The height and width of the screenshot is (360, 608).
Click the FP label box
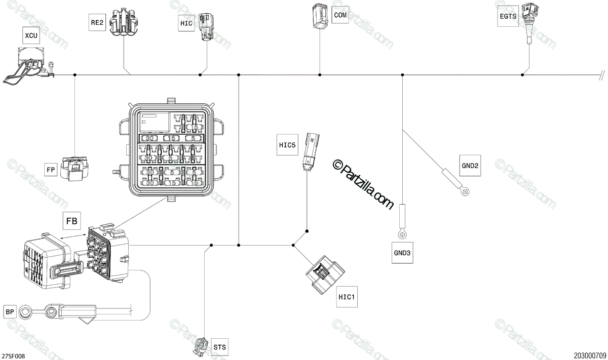[x=51, y=170]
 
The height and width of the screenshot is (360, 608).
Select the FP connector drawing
[x=74, y=168]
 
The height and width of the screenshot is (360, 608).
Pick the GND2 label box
[x=470, y=165]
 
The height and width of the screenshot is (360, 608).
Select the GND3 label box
[x=402, y=253]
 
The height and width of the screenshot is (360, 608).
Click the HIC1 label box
[x=348, y=297]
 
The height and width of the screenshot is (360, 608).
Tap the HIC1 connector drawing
[x=324, y=276]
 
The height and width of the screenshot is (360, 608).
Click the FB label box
[x=71, y=221]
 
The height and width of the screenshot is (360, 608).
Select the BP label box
[x=10, y=312]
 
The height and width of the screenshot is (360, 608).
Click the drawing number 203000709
[x=590, y=356]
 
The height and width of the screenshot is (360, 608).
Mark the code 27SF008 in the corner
[x=13, y=356]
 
